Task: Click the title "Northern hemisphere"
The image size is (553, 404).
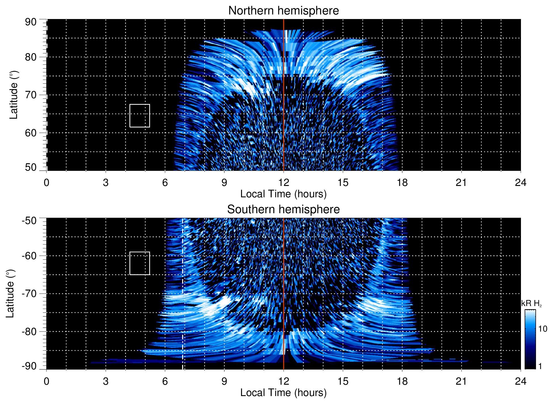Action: point(283,11)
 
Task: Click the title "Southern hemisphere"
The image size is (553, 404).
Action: point(283,210)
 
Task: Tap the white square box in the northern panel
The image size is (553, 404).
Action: point(140,116)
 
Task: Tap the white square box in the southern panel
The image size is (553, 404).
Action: point(140,263)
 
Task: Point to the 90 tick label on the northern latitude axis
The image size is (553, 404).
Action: point(31,22)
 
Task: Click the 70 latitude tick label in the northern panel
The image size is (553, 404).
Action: point(31,95)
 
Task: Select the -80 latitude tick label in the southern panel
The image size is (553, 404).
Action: point(29,331)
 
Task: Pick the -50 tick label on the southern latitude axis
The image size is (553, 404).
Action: point(29,221)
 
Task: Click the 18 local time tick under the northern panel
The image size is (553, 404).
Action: point(402,183)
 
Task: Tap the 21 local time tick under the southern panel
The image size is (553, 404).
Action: point(461,381)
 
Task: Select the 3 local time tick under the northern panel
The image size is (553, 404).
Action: point(106,183)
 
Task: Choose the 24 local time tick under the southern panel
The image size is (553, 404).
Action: point(520,381)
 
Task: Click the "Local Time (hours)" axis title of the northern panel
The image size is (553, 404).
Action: point(283,194)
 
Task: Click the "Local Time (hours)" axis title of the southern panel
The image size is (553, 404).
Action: point(283,393)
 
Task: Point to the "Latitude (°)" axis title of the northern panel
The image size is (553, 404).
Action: point(14,95)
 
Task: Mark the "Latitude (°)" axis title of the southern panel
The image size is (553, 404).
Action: point(10,294)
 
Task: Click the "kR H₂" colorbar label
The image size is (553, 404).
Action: point(531,303)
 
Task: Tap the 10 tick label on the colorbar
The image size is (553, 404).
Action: point(543,329)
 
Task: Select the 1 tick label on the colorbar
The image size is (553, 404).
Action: point(540,366)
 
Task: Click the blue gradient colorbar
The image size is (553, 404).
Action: point(530,339)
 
